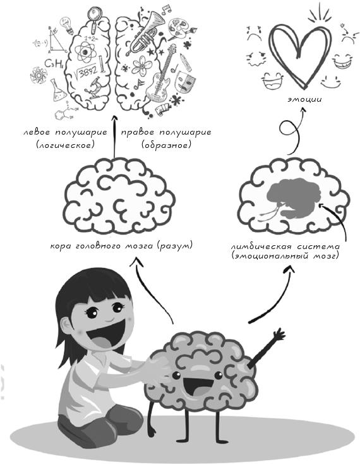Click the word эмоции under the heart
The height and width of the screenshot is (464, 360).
coord(304,99)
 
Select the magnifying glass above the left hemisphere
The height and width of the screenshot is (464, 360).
coord(95,18)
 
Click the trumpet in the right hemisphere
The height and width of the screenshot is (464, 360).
coord(145,32)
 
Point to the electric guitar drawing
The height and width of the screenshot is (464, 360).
coord(161,77)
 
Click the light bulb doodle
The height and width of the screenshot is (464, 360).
coord(67,25)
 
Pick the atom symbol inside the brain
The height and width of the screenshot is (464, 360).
coord(85,52)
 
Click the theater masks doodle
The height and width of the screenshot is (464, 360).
coord(185,81)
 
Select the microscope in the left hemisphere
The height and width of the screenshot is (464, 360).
coord(94,88)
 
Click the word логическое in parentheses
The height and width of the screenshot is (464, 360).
coord(65,145)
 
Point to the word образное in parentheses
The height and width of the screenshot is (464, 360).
coord(166,145)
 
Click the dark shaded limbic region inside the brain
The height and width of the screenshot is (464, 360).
coord(292,197)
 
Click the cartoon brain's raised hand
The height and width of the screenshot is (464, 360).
coord(279,334)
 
